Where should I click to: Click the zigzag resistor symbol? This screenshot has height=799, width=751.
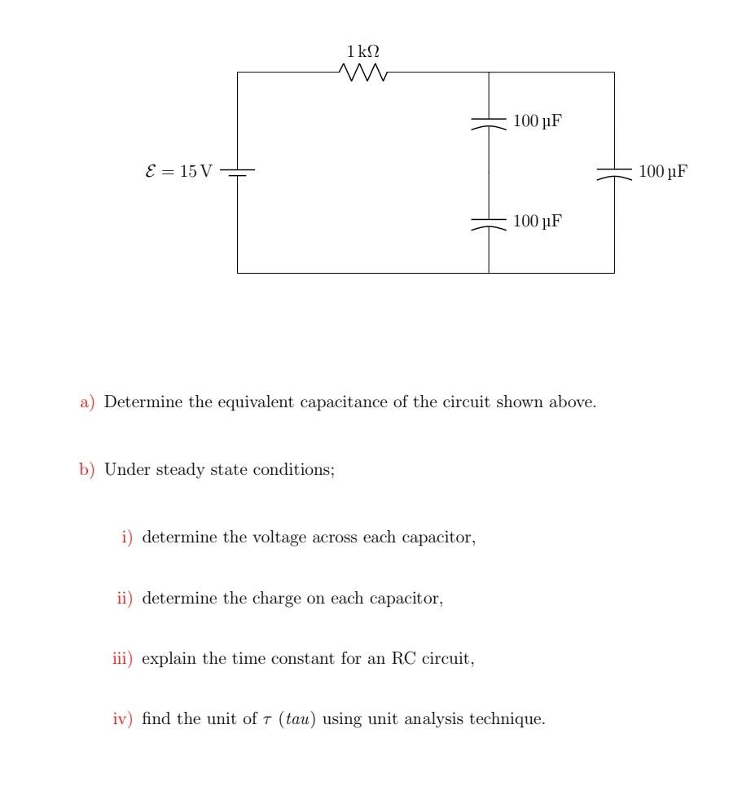(363, 73)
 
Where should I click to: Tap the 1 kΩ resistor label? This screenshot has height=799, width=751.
(363, 51)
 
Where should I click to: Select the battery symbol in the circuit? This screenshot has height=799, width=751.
(238, 172)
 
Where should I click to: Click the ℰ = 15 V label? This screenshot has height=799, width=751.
(178, 172)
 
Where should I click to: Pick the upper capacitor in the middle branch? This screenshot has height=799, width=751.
(489, 123)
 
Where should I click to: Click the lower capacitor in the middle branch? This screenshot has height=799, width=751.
(489, 222)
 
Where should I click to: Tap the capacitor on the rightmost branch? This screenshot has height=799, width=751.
(614, 173)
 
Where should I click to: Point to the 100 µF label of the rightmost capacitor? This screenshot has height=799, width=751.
(663, 172)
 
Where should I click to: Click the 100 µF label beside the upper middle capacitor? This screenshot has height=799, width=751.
(538, 122)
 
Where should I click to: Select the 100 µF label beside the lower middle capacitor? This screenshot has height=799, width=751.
(538, 222)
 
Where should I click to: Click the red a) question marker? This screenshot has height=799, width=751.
(87, 402)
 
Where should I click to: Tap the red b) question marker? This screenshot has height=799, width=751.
(87, 470)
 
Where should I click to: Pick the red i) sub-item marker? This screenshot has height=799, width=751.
(127, 538)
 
